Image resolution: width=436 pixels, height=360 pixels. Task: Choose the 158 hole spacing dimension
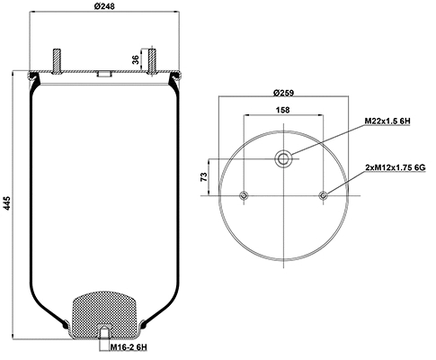(283, 112)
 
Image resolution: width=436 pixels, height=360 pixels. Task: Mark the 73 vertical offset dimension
(203, 176)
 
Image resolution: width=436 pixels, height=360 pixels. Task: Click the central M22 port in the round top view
(283, 159)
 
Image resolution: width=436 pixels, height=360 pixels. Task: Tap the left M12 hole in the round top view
(244, 195)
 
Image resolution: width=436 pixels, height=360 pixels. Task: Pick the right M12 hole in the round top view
(323, 195)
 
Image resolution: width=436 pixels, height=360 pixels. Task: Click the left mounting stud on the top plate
(58, 59)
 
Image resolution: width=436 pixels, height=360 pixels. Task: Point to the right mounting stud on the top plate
(153, 59)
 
